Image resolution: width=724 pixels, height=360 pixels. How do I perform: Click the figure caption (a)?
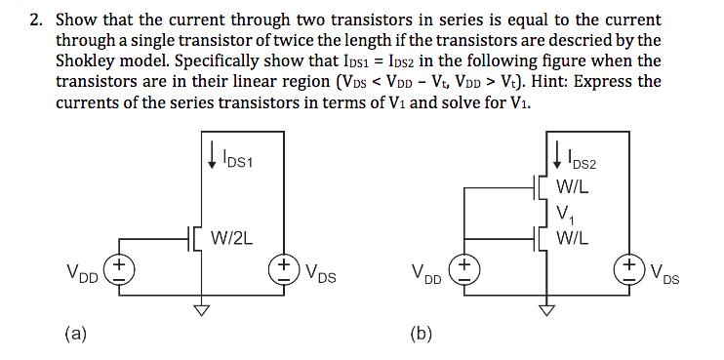(x=76, y=334)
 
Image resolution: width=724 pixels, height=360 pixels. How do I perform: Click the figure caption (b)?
(x=422, y=334)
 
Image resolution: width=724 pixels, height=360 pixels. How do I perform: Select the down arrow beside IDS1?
(x=212, y=153)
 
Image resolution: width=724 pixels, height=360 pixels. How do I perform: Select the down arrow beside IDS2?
(x=557, y=153)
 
